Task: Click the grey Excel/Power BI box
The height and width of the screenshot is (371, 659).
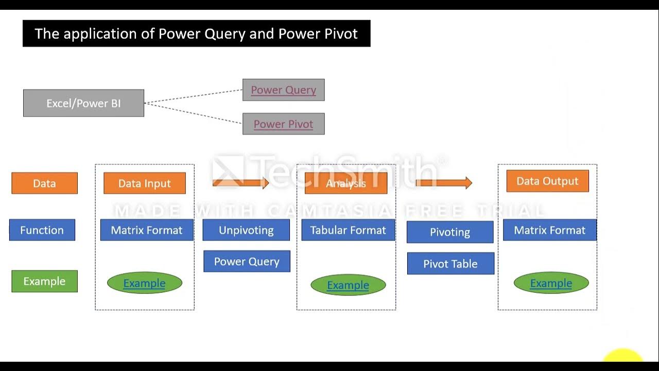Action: [83, 103]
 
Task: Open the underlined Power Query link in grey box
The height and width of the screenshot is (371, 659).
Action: [283, 90]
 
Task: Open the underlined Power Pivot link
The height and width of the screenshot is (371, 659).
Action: [283, 124]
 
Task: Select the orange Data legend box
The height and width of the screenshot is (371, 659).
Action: [44, 183]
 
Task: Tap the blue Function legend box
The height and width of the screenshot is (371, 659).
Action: [42, 230]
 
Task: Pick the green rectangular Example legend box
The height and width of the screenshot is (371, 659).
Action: [44, 281]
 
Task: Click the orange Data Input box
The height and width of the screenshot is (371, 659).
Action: [144, 183]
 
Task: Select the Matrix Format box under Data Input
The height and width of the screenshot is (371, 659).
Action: [147, 230]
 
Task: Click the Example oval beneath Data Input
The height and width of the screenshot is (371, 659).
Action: [144, 283]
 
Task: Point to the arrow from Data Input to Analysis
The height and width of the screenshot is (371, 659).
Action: [240, 182]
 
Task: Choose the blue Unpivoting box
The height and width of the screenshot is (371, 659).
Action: [246, 230]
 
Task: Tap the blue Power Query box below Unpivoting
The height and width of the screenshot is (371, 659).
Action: [247, 261]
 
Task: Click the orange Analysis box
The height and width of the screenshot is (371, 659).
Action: [345, 183]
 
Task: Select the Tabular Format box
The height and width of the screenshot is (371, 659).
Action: [348, 230]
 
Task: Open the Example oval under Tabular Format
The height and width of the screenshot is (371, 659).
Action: [348, 285]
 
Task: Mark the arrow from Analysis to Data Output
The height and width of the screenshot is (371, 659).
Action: [443, 182]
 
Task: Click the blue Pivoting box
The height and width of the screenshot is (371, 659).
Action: [450, 232]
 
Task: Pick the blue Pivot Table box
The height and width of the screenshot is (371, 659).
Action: [450, 263]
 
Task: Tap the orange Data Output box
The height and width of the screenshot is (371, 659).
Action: [547, 181]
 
